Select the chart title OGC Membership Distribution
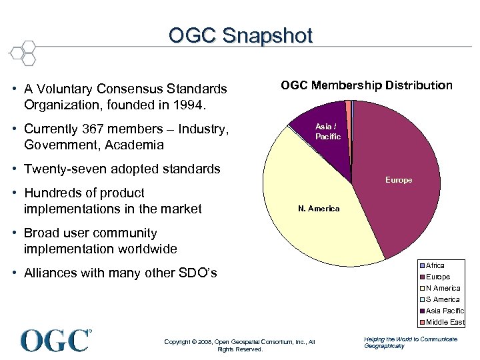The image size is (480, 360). pos(366,85)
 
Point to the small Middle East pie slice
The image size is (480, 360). pos(348,104)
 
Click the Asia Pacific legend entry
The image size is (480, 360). pos(444,311)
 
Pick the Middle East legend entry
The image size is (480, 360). pos(445,322)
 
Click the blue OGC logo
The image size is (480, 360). pos(56,341)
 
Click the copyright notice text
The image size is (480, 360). pos(239,345)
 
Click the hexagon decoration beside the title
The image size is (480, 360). pos(24,53)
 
